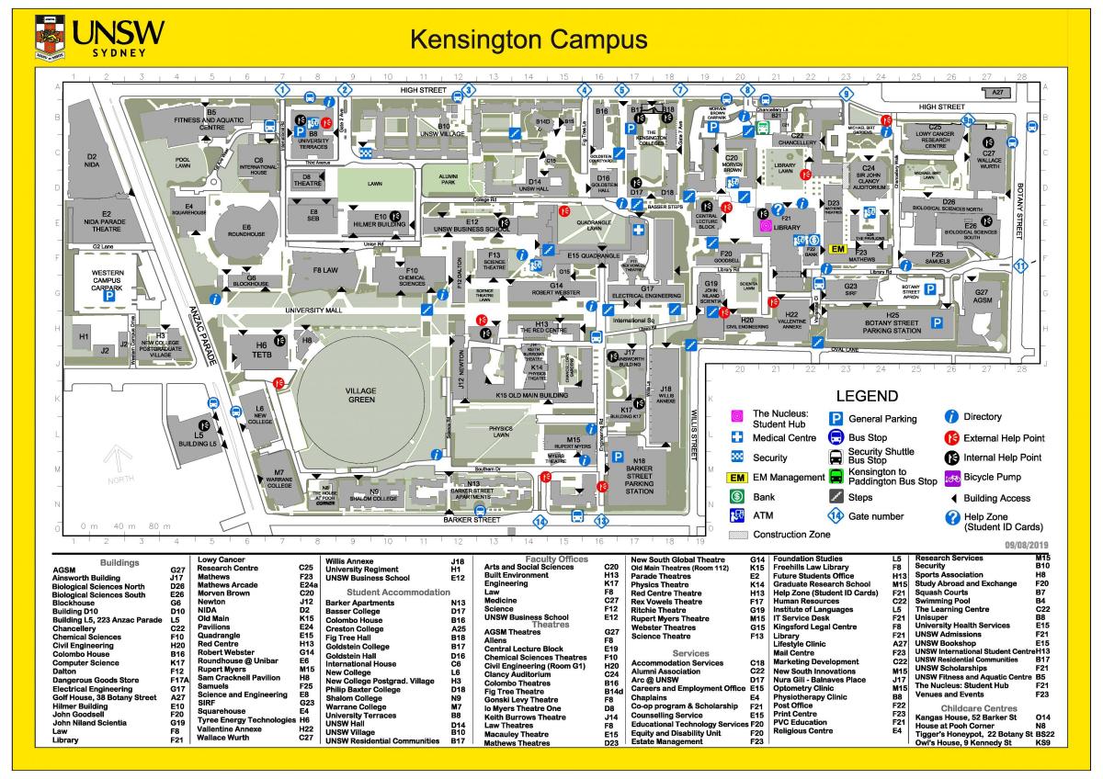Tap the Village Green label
pos(360,395)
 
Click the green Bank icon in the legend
pos(736,497)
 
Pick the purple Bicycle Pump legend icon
pos(953,478)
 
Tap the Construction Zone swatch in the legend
pos(736,534)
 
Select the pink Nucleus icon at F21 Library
pos(764,225)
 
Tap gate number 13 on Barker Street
pos(601,521)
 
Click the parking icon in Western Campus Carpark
pos(108,297)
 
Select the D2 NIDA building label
pos(91,161)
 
